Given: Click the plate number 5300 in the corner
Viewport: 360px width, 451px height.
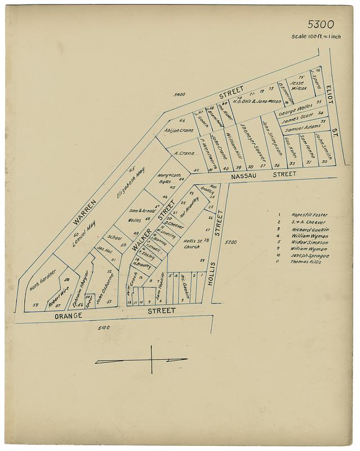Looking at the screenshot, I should point(321,24).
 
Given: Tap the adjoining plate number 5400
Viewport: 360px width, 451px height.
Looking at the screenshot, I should point(180,96).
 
